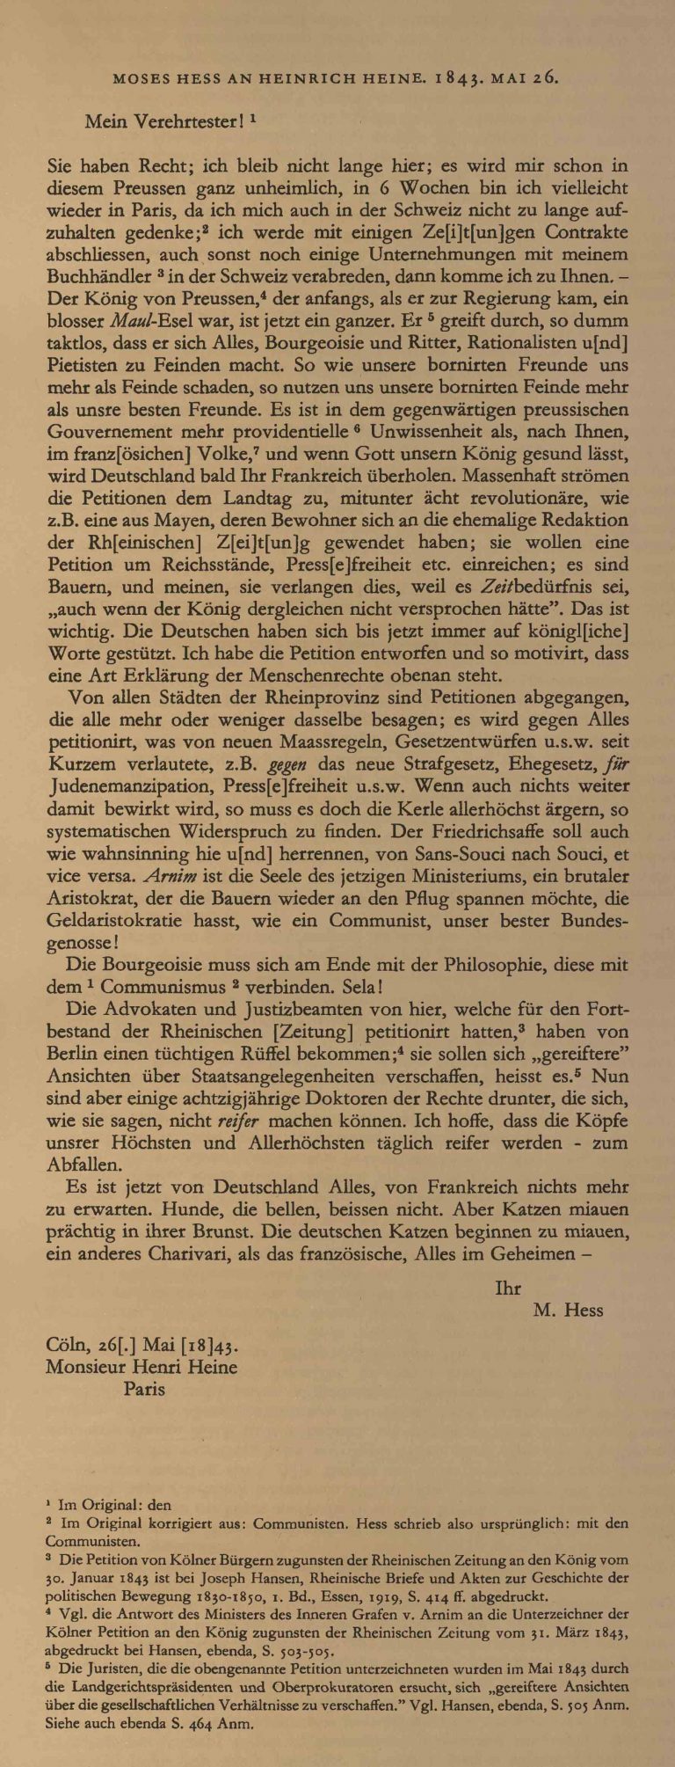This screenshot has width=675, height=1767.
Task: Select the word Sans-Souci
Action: (x=370, y=852)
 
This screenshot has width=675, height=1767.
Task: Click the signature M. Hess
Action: (x=568, y=1311)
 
